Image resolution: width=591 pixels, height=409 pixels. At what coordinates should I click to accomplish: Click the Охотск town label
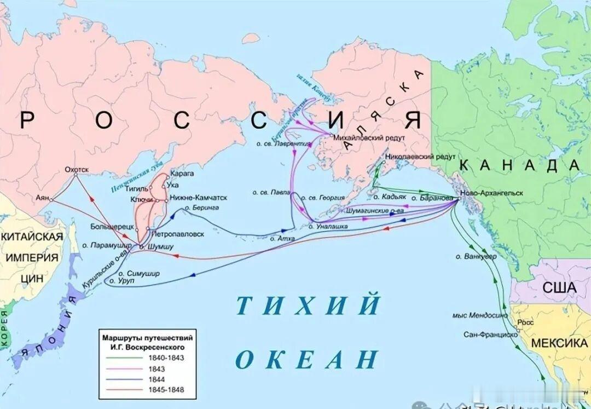77,170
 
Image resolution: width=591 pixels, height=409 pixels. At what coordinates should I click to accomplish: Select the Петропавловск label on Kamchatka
177,234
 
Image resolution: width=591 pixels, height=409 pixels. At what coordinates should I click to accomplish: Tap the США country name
559,288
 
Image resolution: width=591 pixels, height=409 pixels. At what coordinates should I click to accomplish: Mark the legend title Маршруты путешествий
147,337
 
